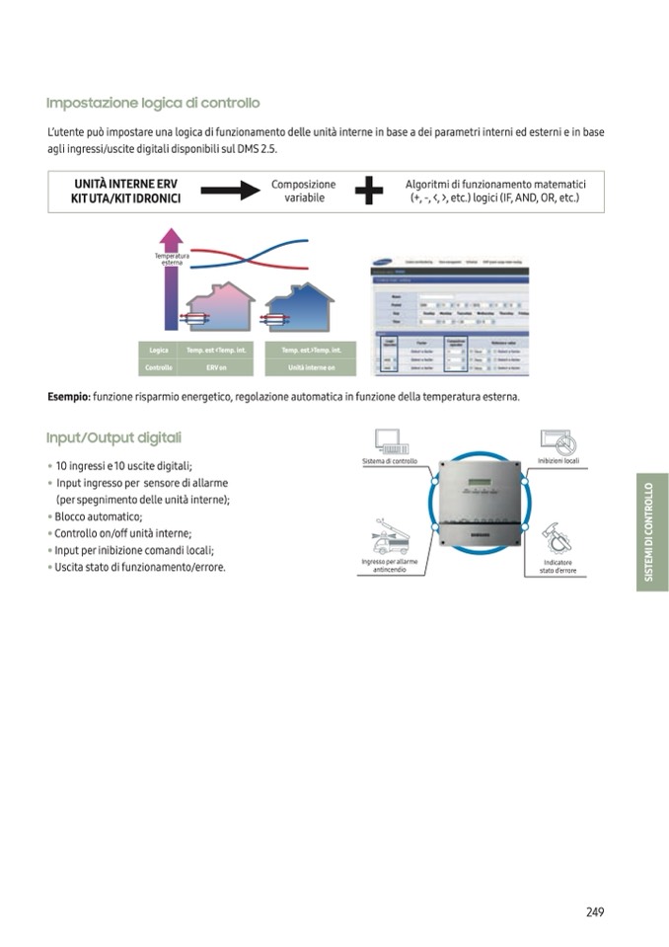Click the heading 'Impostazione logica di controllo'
(x=153, y=103)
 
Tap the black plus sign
(x=368, y=192)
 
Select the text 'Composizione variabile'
(x=303, y=192)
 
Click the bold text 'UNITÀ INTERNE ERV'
(x=127, y=185)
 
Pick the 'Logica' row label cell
(x=158, y=351)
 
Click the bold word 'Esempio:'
(x=69, y=397)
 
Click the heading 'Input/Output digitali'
(x=113, y=437)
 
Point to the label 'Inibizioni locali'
(x=558, y=462)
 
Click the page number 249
(x=594, y=911)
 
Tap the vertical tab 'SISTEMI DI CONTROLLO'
(x=650, y=532)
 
